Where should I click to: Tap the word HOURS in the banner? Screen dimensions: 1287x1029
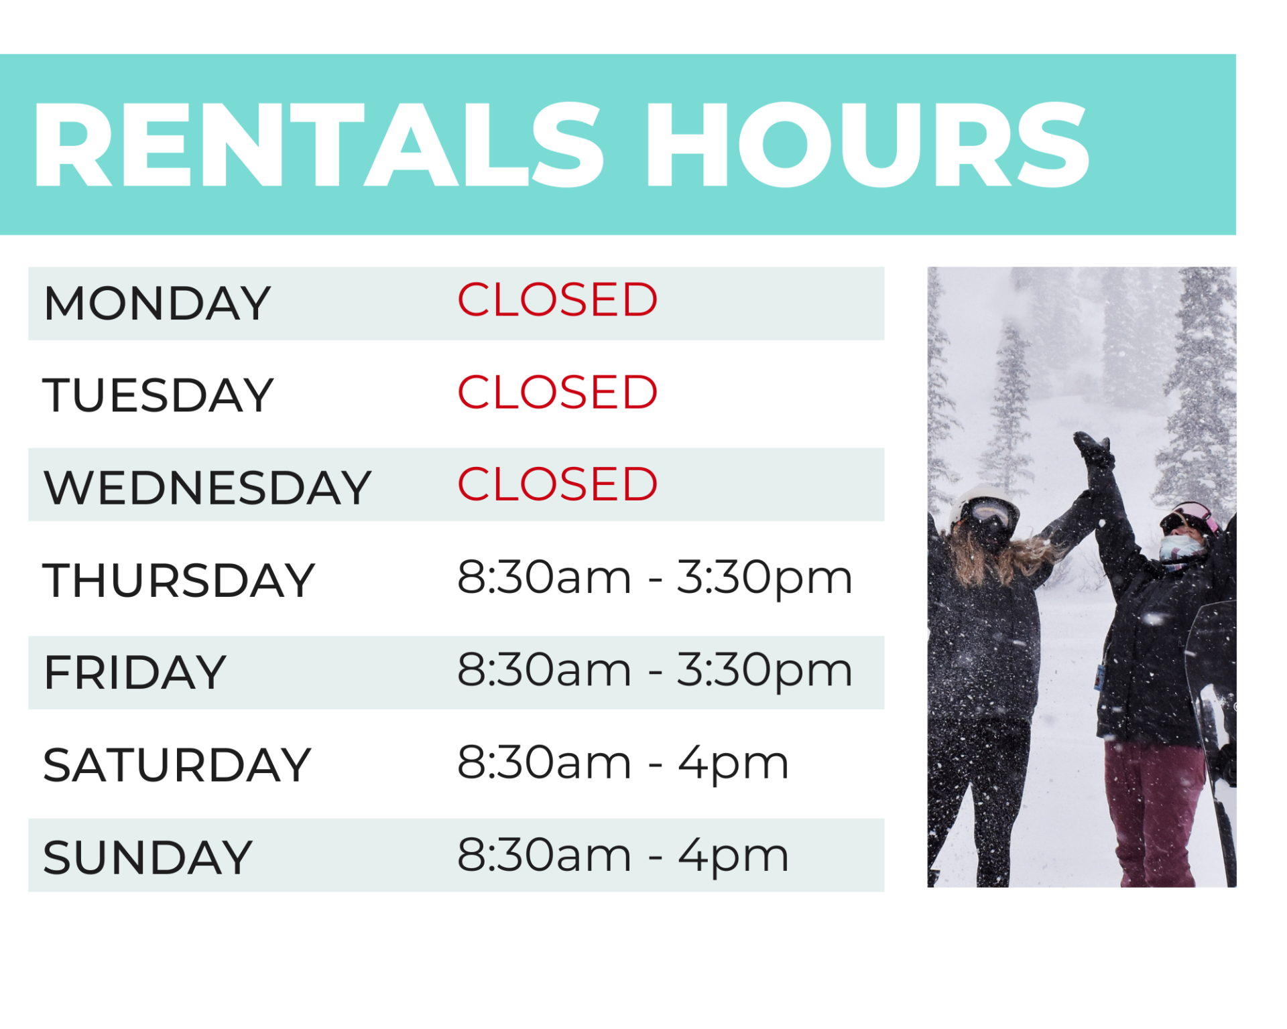(866, 145)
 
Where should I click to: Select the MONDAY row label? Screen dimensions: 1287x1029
(157, 303)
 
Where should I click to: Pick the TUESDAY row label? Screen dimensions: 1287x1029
(158, 395)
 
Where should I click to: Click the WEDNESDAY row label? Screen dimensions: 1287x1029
(207, 487)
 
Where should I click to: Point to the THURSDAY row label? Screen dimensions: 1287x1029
(179, 580)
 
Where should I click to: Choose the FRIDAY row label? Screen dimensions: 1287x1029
(135, 673)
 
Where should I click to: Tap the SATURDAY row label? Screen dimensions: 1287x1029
(177, 765)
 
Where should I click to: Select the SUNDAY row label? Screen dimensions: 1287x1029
(147, 857)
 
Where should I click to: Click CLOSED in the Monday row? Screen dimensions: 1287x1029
(557, 299)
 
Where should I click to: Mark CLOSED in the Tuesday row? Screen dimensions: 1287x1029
(557, 392)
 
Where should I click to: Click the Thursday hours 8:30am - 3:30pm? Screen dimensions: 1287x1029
(654, 577)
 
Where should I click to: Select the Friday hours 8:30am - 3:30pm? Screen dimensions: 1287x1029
(654, 670)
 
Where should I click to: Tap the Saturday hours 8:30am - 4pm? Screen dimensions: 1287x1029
(623, 763)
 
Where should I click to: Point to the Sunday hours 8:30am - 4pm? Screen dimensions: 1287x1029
(623, 855)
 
